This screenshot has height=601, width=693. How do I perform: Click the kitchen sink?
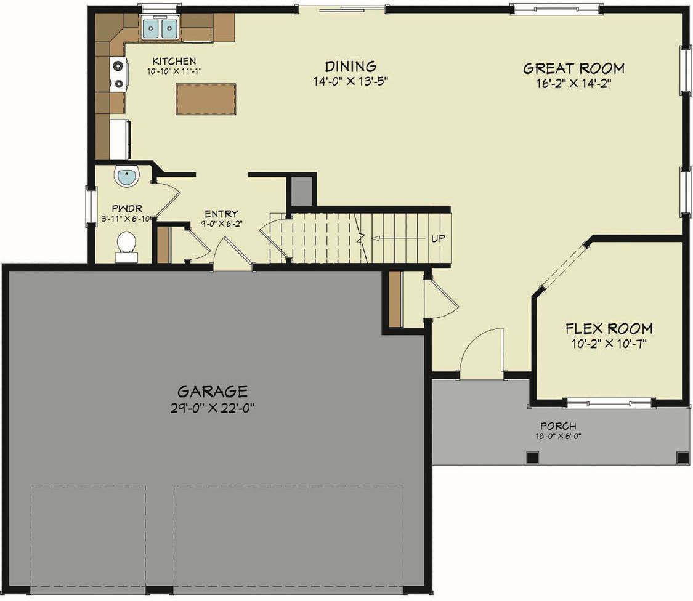click(x=160, y=28)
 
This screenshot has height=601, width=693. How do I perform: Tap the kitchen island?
click(x=206, y=99)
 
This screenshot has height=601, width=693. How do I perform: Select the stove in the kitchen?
click(x=118, y=74)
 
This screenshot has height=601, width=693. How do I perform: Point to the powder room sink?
click(x=127, y=177)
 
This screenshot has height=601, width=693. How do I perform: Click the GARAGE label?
click(x=213, y=391)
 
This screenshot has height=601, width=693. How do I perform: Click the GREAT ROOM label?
click(x=573, y=68)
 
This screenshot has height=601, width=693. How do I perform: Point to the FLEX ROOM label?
click(x=609, y=328)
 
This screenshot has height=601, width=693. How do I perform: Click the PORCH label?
click(x=558, y=426)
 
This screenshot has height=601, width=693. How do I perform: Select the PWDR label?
click(x=123, y=208)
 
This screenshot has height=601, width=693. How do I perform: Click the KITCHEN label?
click(x=174, y=61)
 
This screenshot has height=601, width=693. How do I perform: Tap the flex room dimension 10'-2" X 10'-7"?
click(x=609, y=343)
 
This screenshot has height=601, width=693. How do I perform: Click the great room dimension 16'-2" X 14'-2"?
click(x=573, y=82)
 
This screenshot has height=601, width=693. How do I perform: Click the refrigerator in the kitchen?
click(x=120, y=140)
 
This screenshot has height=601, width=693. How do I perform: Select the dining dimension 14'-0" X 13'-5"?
click(x=351, y=81)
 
